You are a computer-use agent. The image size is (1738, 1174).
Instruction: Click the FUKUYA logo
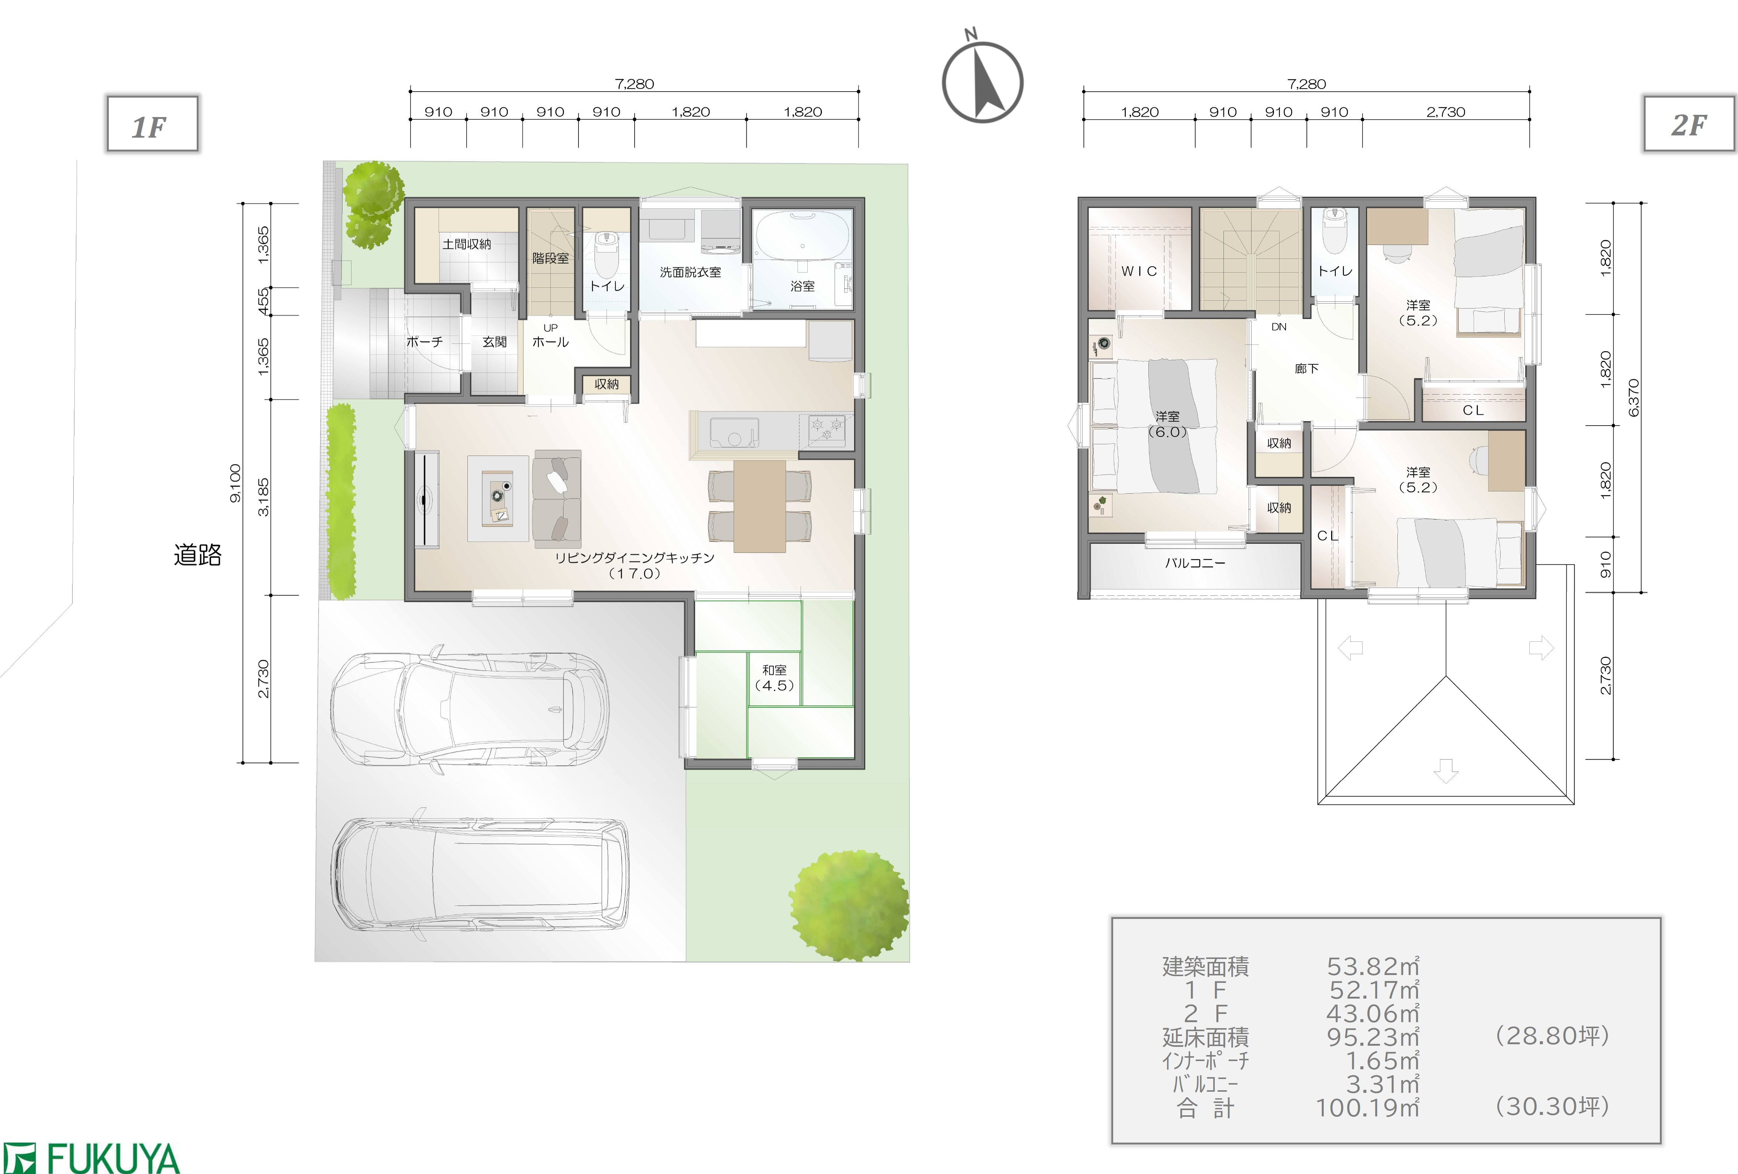click(x=91, y=1158)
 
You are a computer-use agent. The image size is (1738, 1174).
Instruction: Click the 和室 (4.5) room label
click(x=774, y=677)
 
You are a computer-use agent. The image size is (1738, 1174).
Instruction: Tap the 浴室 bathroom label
click(x=802, y=286)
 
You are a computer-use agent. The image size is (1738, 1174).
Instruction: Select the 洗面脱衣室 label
click(x=690, y=272)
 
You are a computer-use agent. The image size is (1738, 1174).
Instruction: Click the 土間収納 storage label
click(x=467, y=244)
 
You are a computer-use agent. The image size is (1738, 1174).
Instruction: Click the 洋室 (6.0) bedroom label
click(x=1167, y=424)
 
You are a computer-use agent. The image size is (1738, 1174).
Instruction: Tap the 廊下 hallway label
click(x=1306, y=369)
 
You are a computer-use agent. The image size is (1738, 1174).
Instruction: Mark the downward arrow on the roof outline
click(x=1446, y=771)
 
